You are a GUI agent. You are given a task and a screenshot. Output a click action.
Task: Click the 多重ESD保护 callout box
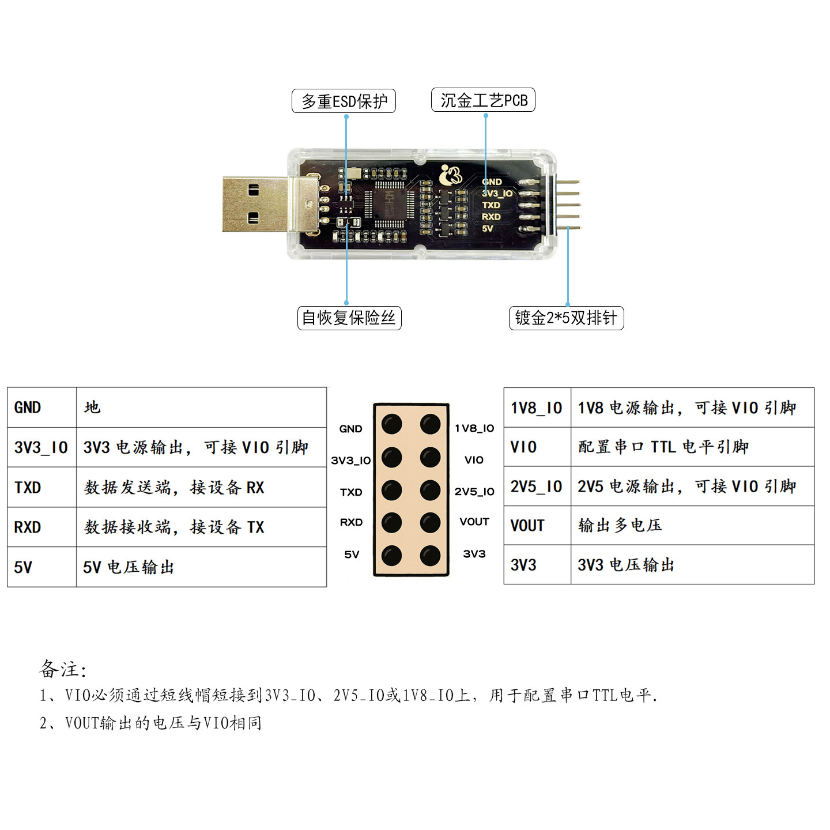[x=344, y=101]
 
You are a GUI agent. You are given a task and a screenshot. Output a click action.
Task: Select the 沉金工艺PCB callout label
[x=483, y=100]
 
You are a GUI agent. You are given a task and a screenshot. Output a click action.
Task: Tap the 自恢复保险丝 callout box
[x=349, y=318]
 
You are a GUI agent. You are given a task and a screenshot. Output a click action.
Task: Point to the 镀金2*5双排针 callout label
[x=566, y=318]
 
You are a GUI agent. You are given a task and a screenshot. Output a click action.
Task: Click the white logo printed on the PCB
[x=450, y=175]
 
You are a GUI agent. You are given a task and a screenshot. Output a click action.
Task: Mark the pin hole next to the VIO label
[x=430, y=458]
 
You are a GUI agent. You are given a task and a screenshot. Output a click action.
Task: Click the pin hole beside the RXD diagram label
[x=392, y=523]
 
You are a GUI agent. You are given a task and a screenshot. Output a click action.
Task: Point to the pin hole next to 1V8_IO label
[x=430, y=424]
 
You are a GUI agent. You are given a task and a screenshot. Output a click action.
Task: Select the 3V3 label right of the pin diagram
[x=474, y=554]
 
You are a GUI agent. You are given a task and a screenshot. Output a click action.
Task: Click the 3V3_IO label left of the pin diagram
[x=350, y=461]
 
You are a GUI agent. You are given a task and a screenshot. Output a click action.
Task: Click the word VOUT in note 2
[x=82, y=723]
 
